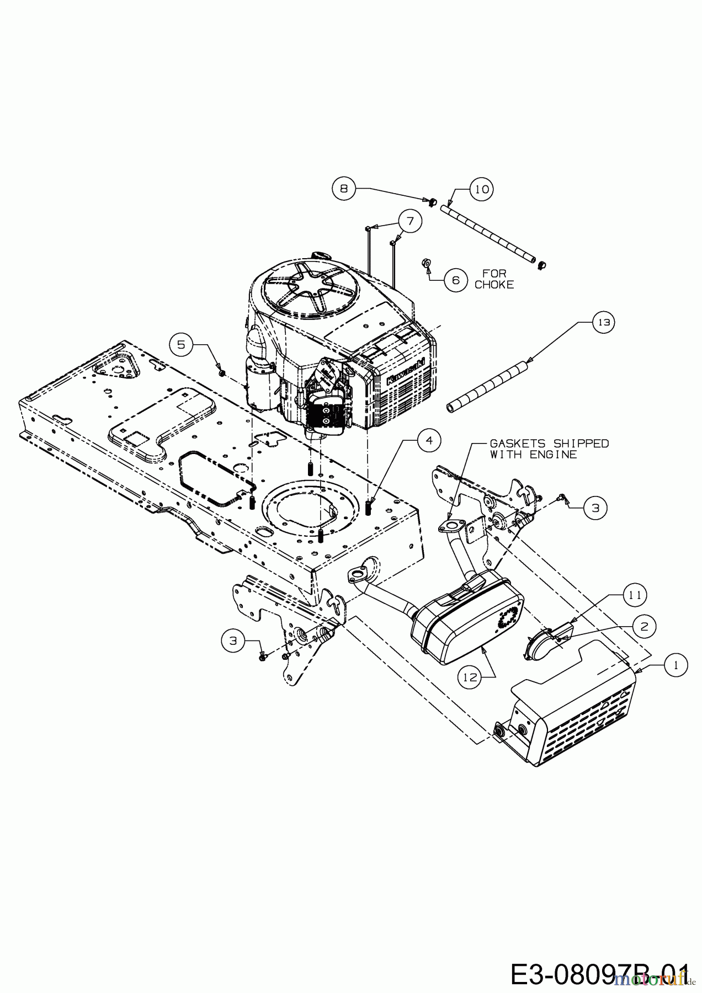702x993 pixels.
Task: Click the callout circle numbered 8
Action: coord(344,189)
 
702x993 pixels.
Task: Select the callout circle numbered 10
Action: coord(481,189)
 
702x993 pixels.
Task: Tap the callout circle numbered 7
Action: coord(410,221)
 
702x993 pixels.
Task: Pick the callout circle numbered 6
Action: coord(455,280)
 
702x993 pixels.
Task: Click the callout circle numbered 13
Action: coord(604,322)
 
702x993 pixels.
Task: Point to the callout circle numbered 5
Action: coord(182,345)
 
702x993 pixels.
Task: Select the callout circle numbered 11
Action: coord(635,595)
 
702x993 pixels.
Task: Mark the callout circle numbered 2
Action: coord(645,626)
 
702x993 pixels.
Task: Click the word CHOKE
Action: coord(494,285)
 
